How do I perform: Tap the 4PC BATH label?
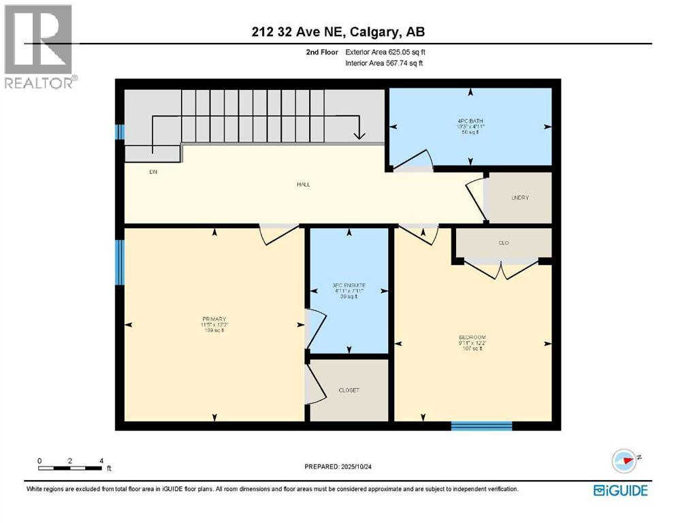tap(471, 121)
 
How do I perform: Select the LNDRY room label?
tap(520, 197)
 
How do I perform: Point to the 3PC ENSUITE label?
tap(349, 285)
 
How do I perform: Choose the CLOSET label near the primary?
tap(349, 390)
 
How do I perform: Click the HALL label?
tap(303, 184)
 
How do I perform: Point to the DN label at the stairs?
tap(153, 172)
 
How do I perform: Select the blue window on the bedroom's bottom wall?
tap(481, 426)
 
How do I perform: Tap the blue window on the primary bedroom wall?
tap(120, 262)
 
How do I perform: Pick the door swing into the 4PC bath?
tap(413, 161)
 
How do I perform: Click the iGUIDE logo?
tap(620, 490)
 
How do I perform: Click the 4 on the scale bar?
tap(101, 460)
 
